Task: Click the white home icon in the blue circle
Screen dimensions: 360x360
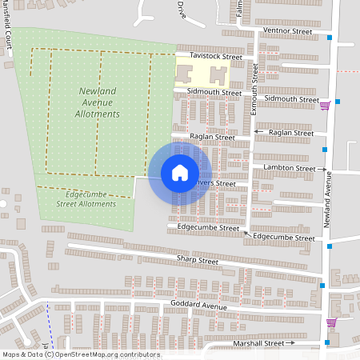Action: [180, 173]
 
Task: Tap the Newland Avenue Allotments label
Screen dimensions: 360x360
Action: [100, 102]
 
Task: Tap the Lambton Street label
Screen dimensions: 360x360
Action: [293, 168]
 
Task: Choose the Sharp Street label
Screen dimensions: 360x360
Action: [197, 261]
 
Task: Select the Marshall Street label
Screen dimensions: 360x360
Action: [258, 342]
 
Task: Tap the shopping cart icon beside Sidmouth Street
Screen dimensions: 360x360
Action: [325, 105]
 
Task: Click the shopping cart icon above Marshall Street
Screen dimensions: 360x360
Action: [331, 322]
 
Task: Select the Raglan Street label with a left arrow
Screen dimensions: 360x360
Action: [289, 132]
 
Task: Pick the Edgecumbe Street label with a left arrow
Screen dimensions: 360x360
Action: [282, 238]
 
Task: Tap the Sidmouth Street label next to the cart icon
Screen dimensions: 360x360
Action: [291, 98]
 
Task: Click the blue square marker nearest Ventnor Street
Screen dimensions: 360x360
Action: [330, 37]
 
